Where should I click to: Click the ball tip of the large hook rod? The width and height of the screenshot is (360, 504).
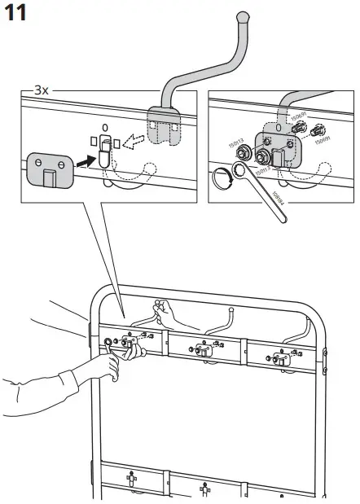[x=244, y=15]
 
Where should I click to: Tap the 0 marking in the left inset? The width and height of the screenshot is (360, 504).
[x=103, y=128]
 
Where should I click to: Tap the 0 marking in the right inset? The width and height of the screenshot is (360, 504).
[x=279, y=128]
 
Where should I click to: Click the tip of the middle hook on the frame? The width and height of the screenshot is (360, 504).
[x=231, y=309]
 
